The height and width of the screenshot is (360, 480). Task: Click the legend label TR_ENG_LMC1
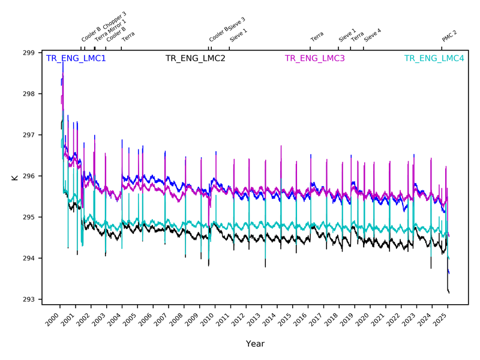click(x=76, y=59)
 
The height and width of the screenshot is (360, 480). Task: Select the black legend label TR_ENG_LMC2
click(x=195, y=59)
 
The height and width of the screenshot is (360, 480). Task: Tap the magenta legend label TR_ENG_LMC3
click(x=314, y=59)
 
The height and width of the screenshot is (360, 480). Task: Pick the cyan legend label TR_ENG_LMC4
click(x=434, y=59)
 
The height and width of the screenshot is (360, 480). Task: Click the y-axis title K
click(x=13, y=178)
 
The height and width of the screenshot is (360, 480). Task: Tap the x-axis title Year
click(x=254, y=344)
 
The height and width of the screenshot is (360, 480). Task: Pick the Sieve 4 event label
click(x=373, y=35)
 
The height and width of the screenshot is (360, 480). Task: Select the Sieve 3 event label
click(x=236, y=28)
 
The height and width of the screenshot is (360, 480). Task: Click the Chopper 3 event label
click(x=113, y=21)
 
